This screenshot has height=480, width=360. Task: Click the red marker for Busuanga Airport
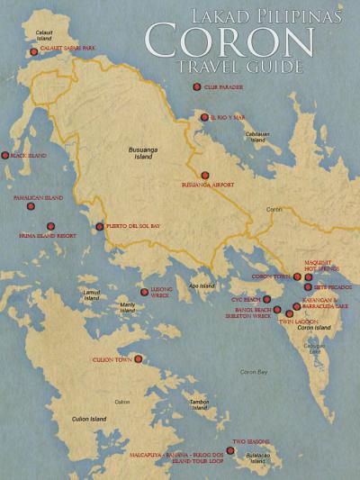(205, 176)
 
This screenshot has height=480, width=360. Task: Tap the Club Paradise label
(223, 87)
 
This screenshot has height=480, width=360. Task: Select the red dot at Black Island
(5, 156)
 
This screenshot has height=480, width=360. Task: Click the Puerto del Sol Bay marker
(100, 226)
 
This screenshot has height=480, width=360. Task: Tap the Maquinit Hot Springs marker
(309, 276)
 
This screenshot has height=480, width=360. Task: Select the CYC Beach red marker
(266, 298)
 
